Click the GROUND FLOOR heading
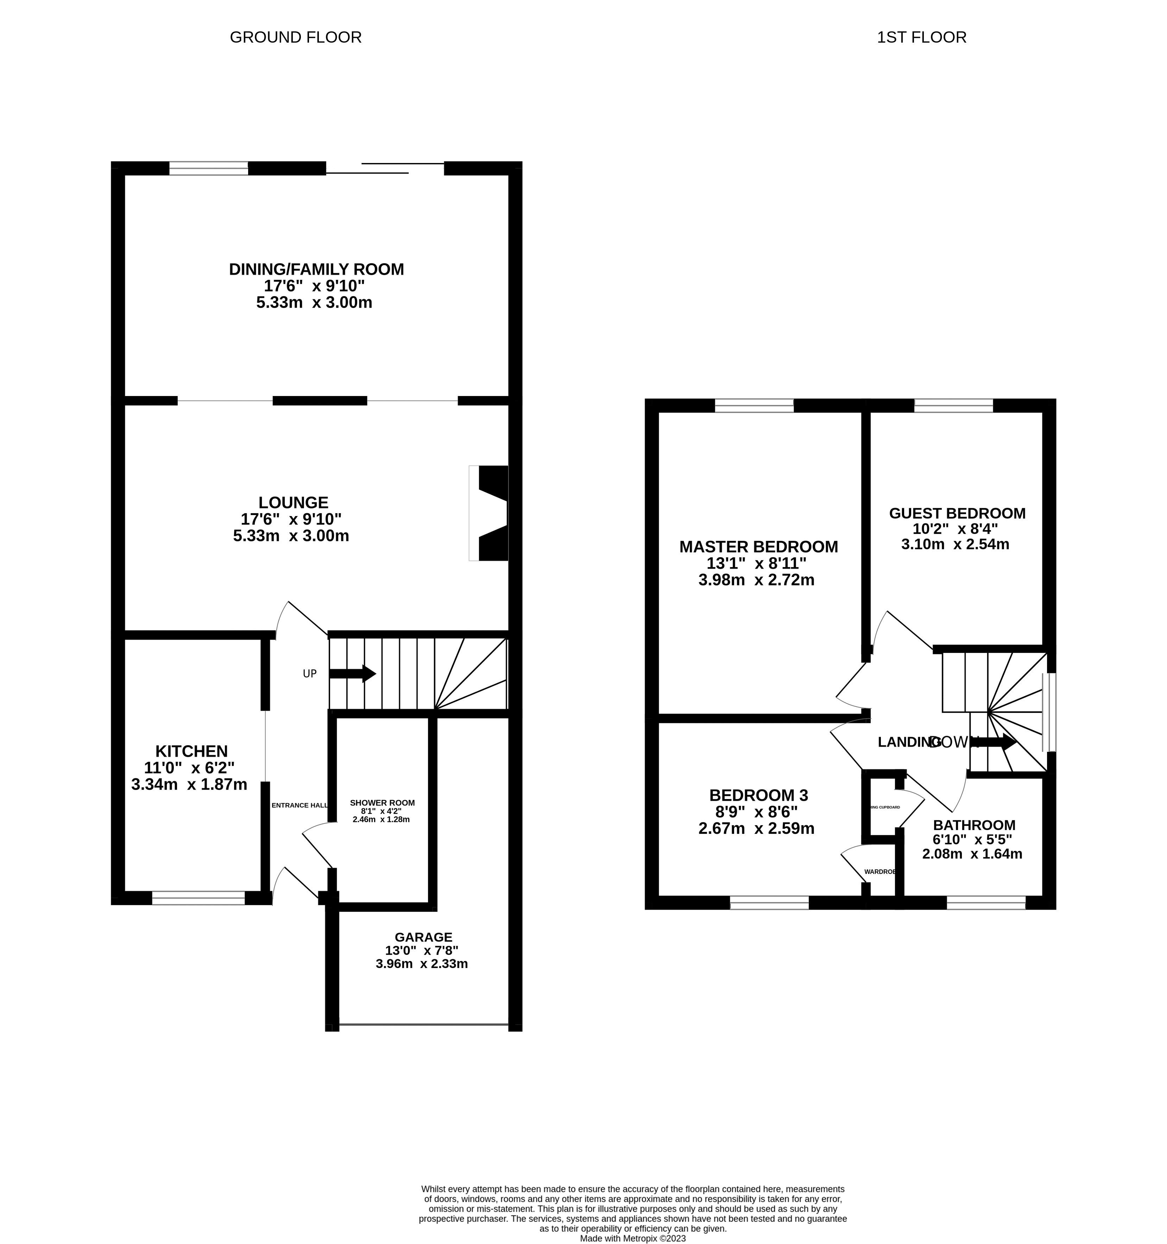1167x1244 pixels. point(295,38)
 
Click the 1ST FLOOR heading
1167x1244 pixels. point(921,38)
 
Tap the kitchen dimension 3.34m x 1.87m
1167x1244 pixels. point(189,784)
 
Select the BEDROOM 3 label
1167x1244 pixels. point(758,795)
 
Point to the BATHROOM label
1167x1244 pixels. point(974,825)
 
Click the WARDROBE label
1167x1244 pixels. point(880,872)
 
